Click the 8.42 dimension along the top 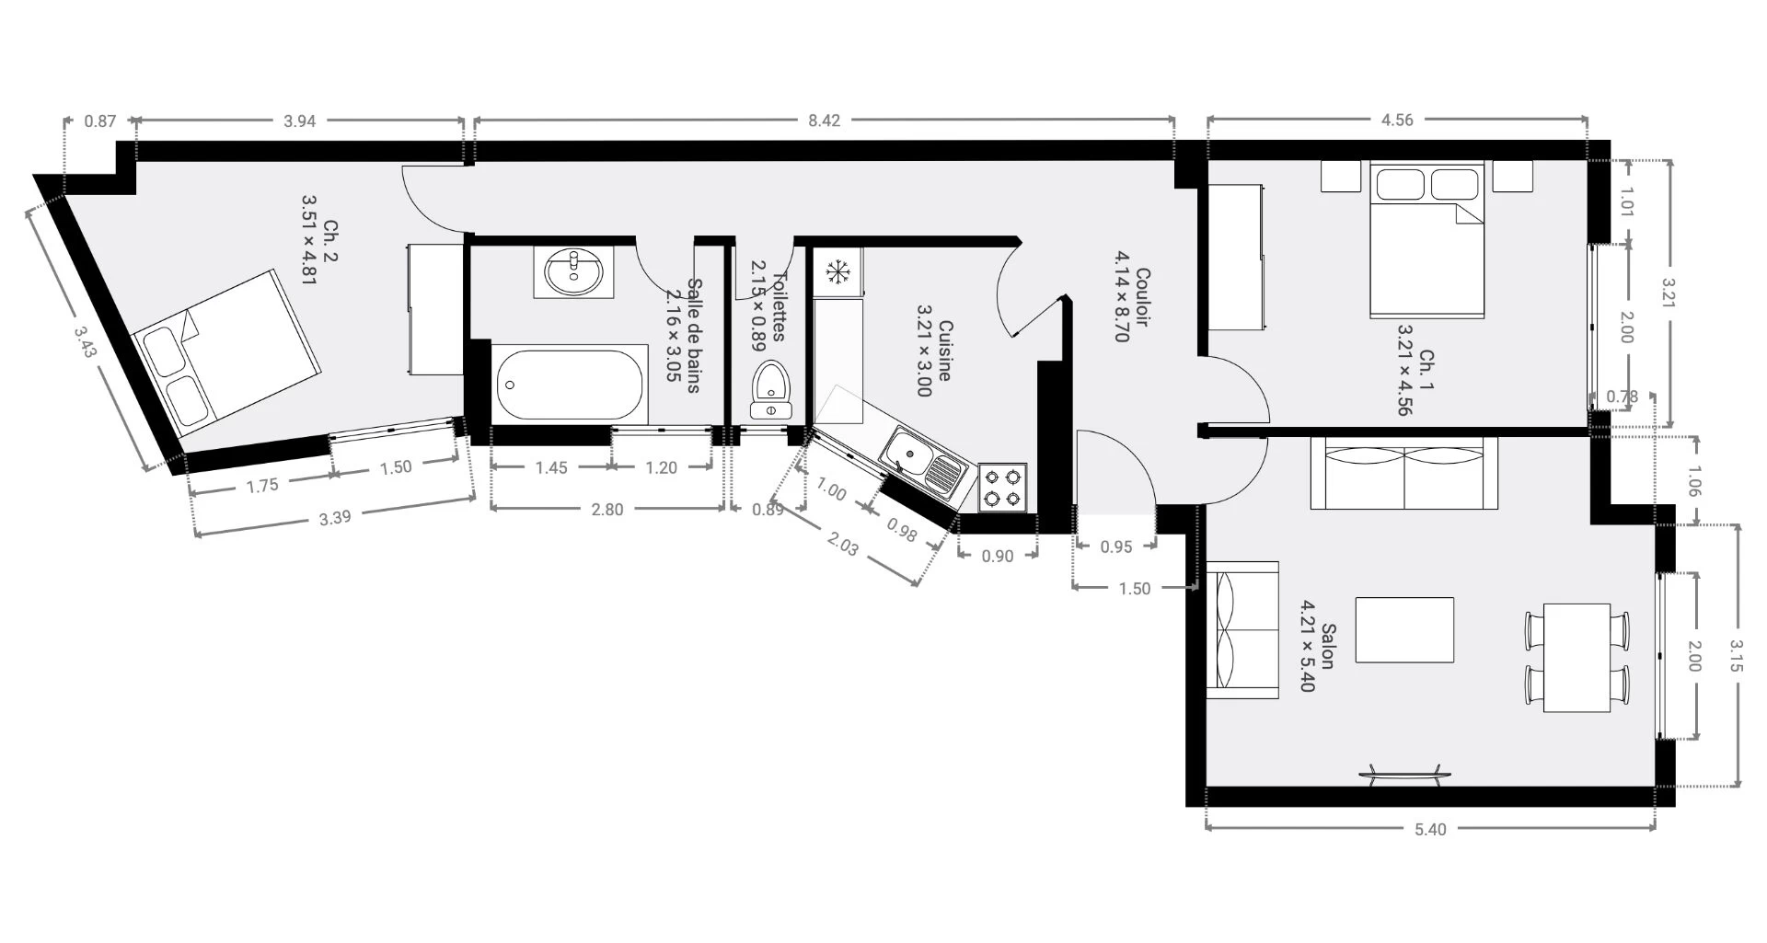click(x=824, y=121)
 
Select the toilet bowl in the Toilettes click(x=769, y=390)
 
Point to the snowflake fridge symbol click(x=837, y=272)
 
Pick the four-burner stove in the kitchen click(x=1002, y=488)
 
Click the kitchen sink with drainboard click(x=923, y=465)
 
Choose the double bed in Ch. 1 click(x=1427, y=240)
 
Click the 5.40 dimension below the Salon click(x=1429, y=829)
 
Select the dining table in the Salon click(x=1576, y=658)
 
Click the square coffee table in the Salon click(x=1404, y=630)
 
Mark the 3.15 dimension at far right click(x=1736, y=656)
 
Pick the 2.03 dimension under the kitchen click(x=843, y=545)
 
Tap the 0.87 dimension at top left click(x=99, y=121)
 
